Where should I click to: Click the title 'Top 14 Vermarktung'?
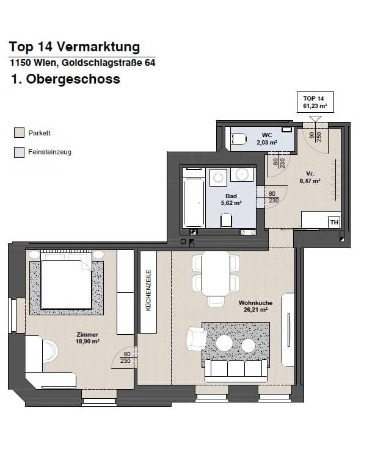75,47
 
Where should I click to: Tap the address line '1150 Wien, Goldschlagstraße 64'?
82,62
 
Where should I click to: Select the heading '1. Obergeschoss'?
65,79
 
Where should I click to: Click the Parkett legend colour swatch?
19,133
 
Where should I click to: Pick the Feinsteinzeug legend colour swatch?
19,152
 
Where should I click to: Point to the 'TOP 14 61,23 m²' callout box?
315,102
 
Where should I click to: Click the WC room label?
266,138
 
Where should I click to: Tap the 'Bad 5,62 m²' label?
233,199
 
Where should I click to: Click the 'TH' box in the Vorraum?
333,222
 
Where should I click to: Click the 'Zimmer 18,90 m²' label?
88,338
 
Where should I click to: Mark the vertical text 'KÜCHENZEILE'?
148,291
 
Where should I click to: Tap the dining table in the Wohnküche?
216,273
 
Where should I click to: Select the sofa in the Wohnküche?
236,369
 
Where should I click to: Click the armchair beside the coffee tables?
196,338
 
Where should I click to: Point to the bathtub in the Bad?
194,202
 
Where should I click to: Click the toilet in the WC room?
238,138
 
